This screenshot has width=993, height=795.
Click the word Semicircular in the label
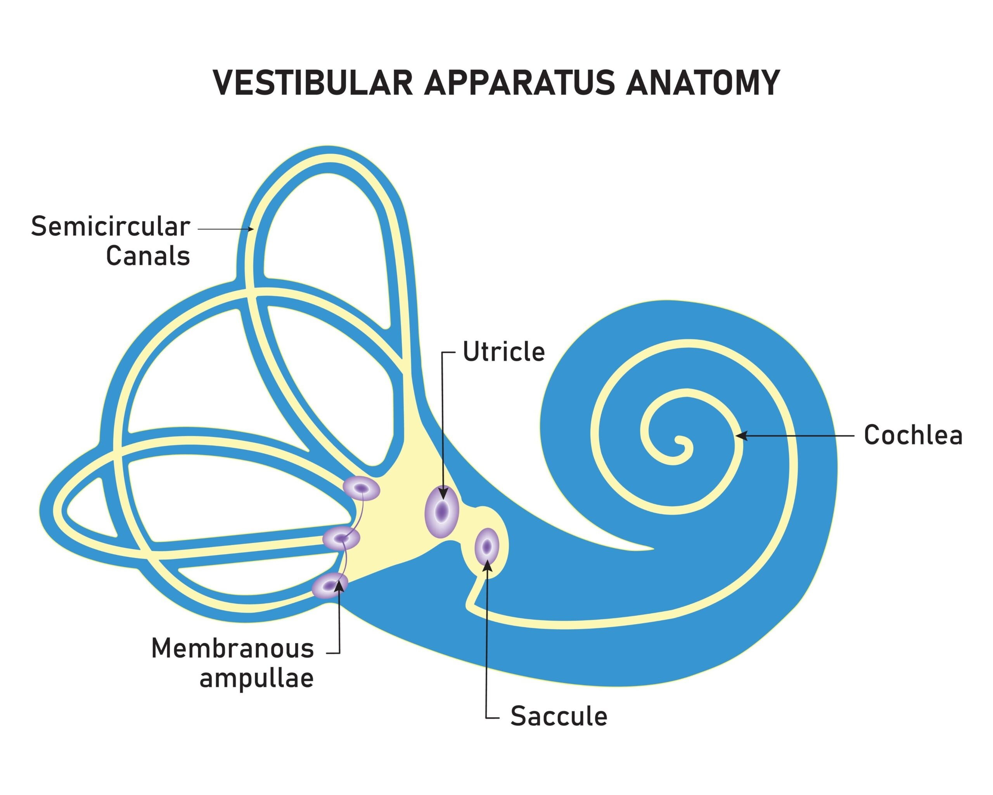click(x=111, y=227)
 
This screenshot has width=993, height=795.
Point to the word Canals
click(x=148, y=256)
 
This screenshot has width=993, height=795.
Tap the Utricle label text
click(x=503, y=352)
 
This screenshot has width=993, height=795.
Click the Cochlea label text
click(x=913, y=435)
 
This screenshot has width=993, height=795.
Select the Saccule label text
click(x=559, y=716)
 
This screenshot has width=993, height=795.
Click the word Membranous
click(x=233, y=649)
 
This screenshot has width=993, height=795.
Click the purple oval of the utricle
click(x=442, y=510)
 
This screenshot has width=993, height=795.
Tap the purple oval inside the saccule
click(x=487, y=547)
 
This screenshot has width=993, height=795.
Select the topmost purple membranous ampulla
click(x=362, y=488)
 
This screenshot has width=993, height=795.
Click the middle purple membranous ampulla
click(x=341, y=538)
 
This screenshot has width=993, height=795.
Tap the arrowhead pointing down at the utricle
click(x=443, y=494)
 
